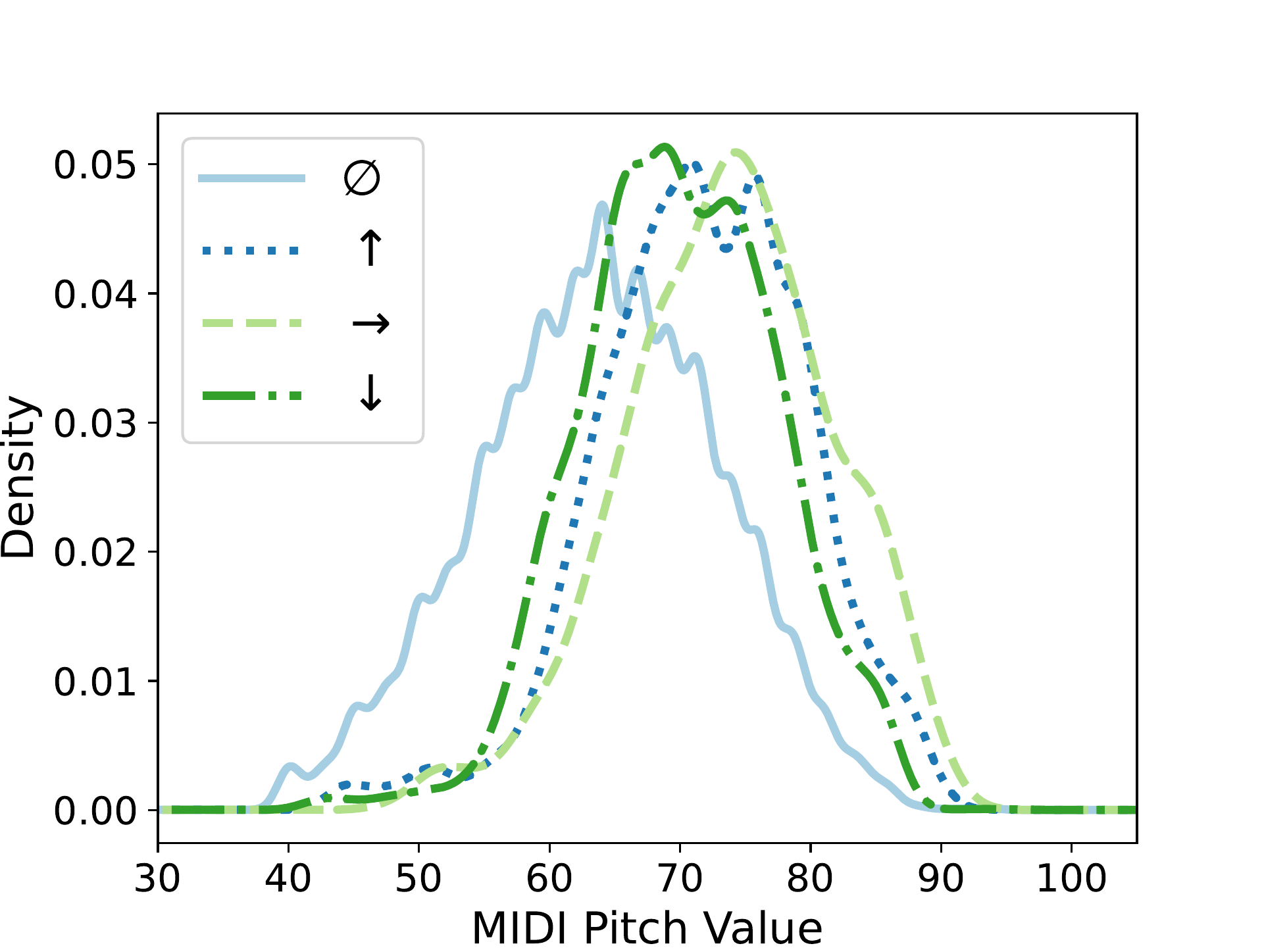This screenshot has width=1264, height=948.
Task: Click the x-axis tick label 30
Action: click(x=157, y=878)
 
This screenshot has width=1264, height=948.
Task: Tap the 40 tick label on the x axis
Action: click(x=288, y=878)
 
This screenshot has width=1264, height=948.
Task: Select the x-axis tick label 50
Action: click(x=418, y=878)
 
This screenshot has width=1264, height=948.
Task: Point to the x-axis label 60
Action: click(x=549, y=878)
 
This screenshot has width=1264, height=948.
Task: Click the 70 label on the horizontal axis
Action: click(x=680, y=878)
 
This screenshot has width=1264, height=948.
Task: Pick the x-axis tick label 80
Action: click(x=810, y=878)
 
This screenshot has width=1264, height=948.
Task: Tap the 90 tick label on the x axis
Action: click(x=941, y=878)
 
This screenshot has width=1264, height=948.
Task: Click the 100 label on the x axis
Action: click(x=1071, y=878)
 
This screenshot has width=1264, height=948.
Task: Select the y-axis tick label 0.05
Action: click(x=95, y=164)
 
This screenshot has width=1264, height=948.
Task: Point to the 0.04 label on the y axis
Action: click(x=95, y=293)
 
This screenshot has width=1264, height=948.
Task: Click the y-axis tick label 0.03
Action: click(x=95, y=423)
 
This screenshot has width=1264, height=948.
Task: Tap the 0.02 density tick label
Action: click(x=95, y=552)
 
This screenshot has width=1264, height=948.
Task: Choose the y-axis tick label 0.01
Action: click(x=95, y=682)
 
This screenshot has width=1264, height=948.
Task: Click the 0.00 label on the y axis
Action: click(x=95, y=811)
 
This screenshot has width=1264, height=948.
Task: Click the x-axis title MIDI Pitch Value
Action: click(x=647, y=928)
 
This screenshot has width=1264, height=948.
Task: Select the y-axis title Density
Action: click(x=18, y=478)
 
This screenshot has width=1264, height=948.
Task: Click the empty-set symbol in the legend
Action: click(x=362, y=178)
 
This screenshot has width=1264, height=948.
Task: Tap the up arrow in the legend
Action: click(x=371, y=249)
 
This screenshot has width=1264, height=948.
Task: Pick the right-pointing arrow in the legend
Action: click(x=371, y=323)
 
